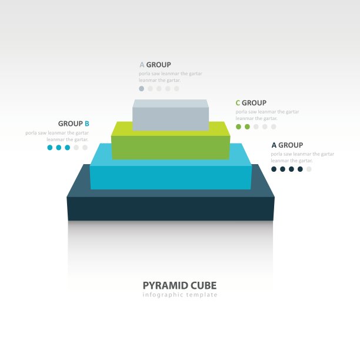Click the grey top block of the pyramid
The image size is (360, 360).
point(171,115)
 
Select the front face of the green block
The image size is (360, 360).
point(171,148)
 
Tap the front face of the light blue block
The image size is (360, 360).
point(171,178)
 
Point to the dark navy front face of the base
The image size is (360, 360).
point(171,209)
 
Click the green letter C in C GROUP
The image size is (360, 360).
point(238,103)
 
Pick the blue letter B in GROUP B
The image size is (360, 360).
point(87,124)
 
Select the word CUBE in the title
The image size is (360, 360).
point(204,286)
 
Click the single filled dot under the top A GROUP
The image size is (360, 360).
point(142,89)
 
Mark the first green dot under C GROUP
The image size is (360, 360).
point(239,126)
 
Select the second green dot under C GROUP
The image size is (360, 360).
point(247,126)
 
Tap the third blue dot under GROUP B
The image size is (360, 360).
point(68,148)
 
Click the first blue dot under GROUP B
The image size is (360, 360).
point(50,148)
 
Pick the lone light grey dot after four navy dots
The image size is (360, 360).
point(309,169)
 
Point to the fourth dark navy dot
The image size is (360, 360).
point(300,169)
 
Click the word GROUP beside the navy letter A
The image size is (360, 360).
point(291,145)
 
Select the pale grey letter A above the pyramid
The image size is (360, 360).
point(142,65)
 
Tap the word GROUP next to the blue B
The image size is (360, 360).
point(71,124)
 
